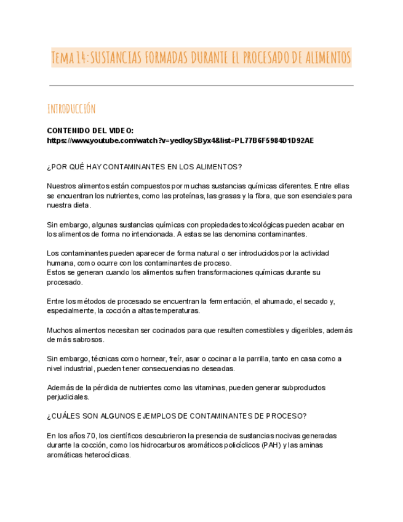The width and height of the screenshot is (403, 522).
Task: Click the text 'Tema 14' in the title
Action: (70, 58)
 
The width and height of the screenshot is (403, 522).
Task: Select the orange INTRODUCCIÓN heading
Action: (71, 109)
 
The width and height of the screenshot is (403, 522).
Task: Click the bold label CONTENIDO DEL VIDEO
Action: (90, 130)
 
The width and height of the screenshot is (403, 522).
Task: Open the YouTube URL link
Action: (180, 140)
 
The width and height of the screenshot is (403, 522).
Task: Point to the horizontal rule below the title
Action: (201, 85)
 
